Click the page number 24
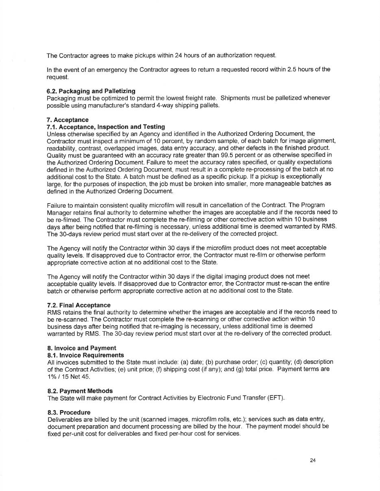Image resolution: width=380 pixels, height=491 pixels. tap(312, 461)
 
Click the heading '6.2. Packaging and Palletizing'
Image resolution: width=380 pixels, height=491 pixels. tap(91, 91)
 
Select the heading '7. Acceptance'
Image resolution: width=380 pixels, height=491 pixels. tap(68, 119)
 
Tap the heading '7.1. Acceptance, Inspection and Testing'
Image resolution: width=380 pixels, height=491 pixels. tap(106, 127)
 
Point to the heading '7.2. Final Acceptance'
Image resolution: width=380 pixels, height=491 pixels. tap(79, 305)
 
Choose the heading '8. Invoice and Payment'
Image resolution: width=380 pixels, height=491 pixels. tap(81, 348)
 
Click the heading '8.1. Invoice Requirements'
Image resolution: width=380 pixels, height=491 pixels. tap(85, 355)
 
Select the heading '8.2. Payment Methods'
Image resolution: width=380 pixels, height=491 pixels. tap(80, 391)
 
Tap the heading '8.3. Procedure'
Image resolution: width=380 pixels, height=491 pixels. tap(69, 412)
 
